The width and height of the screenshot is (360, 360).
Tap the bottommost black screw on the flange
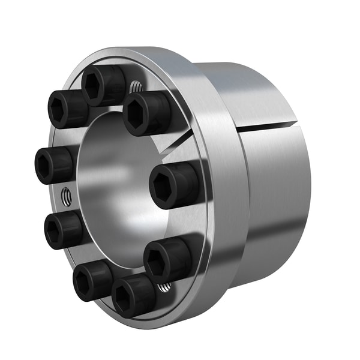(133, 295)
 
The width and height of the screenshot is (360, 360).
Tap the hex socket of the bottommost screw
(124, 296)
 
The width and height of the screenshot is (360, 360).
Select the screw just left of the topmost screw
(67, 109)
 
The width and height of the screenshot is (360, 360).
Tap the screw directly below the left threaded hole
(63, 229)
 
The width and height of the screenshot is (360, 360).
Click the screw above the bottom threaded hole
(166, 258)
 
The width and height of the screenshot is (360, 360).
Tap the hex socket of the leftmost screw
(45, 165)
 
